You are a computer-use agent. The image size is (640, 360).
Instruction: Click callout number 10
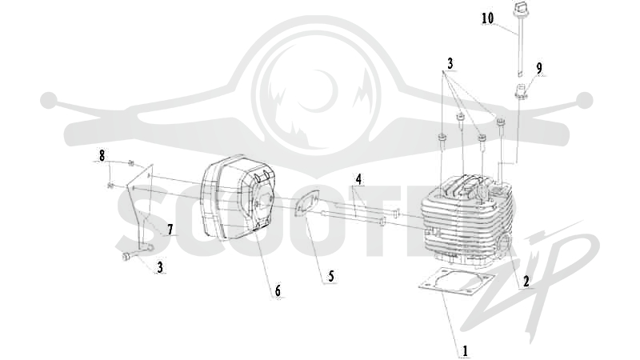pos(487,18)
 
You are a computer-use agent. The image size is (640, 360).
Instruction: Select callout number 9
pos(539,69)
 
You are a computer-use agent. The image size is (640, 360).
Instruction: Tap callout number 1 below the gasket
pos(465,350)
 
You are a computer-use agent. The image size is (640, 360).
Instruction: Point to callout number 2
pos(526,281)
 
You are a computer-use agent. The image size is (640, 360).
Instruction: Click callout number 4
pos(358,179)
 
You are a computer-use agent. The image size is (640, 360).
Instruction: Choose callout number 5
pos(331,276)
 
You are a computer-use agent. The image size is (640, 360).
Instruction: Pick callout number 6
pos(278,291)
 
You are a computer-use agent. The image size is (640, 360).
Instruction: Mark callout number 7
pos(170,230)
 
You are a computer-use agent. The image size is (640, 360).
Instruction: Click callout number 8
pos(102,155)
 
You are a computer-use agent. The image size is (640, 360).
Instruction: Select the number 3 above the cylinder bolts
pos(450,64)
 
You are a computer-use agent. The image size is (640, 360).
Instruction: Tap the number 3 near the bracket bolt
pos(160,267)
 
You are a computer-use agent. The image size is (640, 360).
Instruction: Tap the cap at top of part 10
pos(520,6)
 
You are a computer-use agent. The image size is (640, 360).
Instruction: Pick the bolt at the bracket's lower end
pos(126,257)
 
